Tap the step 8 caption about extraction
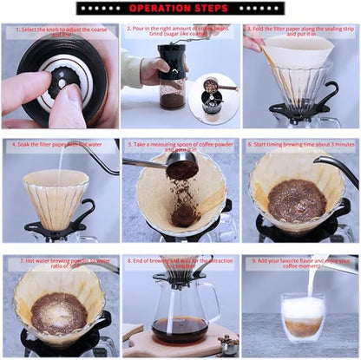(x=180, y=262)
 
